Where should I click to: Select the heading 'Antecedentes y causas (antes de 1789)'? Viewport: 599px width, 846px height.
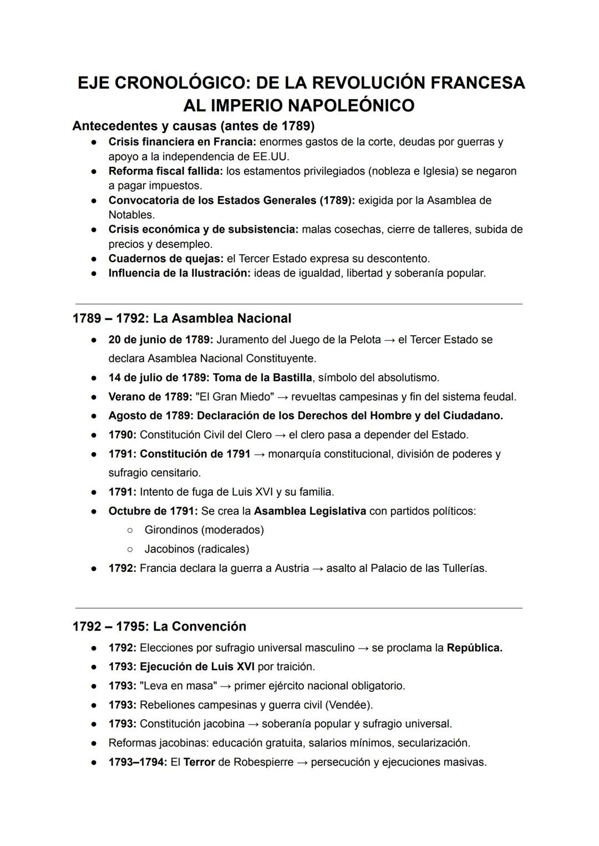[193, 126]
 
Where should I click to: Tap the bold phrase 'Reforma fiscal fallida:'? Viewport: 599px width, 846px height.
[165, 171]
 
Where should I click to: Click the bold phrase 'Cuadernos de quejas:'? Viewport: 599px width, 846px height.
[166, 259]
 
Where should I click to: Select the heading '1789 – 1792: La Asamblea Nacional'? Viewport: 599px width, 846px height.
[181, 319]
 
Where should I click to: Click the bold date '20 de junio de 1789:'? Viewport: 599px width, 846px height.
[161, 340]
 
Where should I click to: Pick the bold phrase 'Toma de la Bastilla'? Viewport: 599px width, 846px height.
[262, 378]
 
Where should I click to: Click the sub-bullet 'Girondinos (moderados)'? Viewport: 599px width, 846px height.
[204, 530]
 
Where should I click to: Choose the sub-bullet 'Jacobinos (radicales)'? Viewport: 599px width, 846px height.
[197, 549]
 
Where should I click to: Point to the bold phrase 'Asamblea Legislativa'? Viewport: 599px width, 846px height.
[309, 511]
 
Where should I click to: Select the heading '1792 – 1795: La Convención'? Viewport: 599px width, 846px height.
[159, 627]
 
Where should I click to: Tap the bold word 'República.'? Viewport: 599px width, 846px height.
[474, 648]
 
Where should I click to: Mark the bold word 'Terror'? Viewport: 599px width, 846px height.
[199, 762]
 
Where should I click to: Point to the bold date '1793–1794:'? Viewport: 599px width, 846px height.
[138, 762]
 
